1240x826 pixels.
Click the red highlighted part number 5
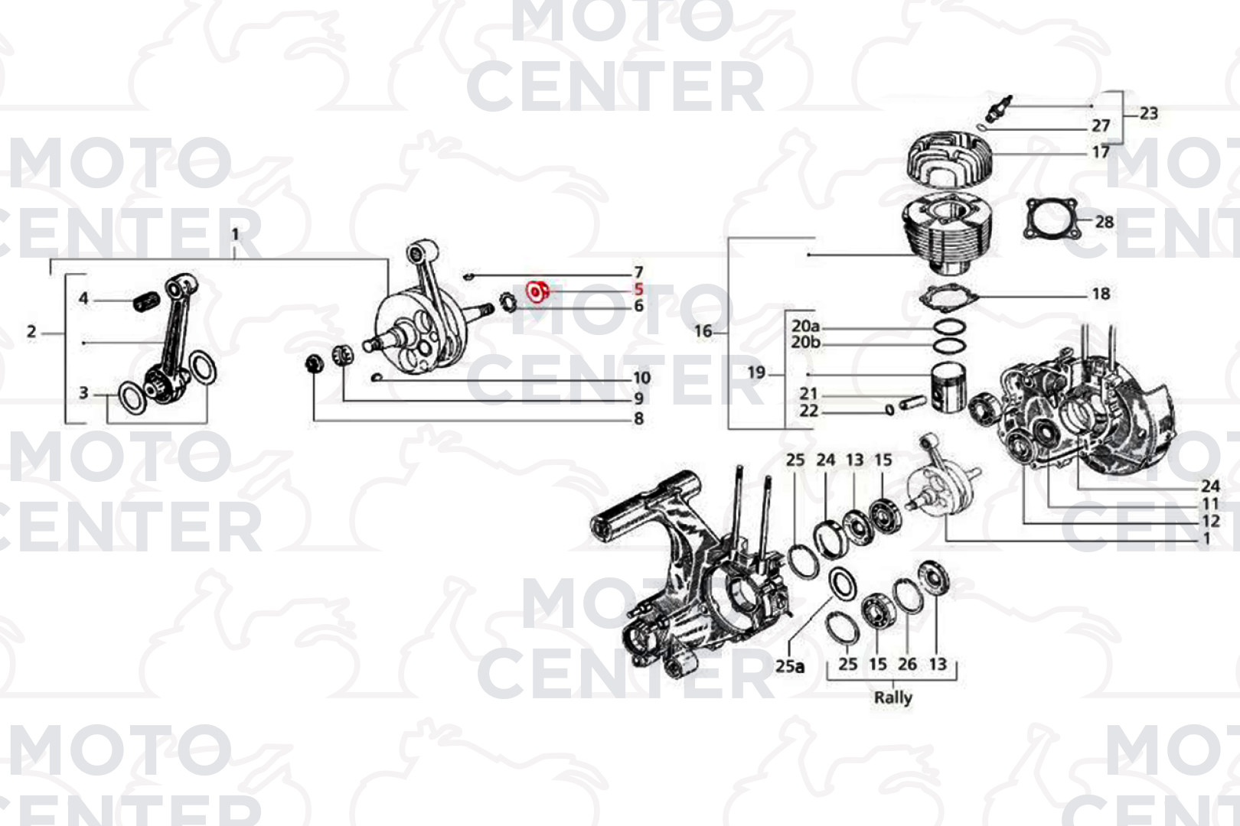pyautogui.click(x=639, y=289)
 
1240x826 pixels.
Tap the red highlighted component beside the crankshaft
pyautogui.click(x=537, y=291)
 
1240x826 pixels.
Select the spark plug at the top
pyautogui.click(x=999, y=109)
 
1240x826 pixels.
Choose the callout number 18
pyautogui.click(x=1101, y=293)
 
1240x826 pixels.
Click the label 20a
pyautogui.click(x=805, y=326)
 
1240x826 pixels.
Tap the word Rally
pyautogui.click(x=893, y=698)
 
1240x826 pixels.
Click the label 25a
pyautogui.click(x=789, y=666)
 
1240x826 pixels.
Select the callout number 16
pyautogui.click(x=703, y=331)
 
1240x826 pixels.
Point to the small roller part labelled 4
pyautogui.click(x=146, y=304)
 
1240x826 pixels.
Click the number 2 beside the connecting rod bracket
pyautogui.click(x=31, y=332)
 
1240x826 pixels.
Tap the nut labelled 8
pyautogui.click(x=315, y=363)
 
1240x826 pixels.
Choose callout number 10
pyautogui.click(x=641, y=378)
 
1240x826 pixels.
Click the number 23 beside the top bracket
pyautogui.click(x=1149, y=113)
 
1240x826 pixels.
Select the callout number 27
pyautogui.click(x=1101, y=126)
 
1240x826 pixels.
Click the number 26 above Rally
pyautogui.click(x=907, y=664)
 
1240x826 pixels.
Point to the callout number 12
pyautogui.click(x=1211, y=521)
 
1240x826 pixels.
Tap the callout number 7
pyautogui.click(x=638, y=272)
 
